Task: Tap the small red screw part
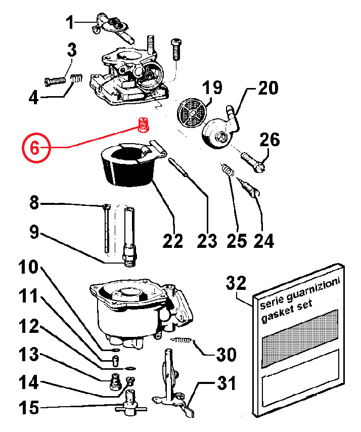coord(143,124)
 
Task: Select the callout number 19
coord(212,88)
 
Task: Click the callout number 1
coord(70,22)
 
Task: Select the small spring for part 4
coord(76,79)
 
